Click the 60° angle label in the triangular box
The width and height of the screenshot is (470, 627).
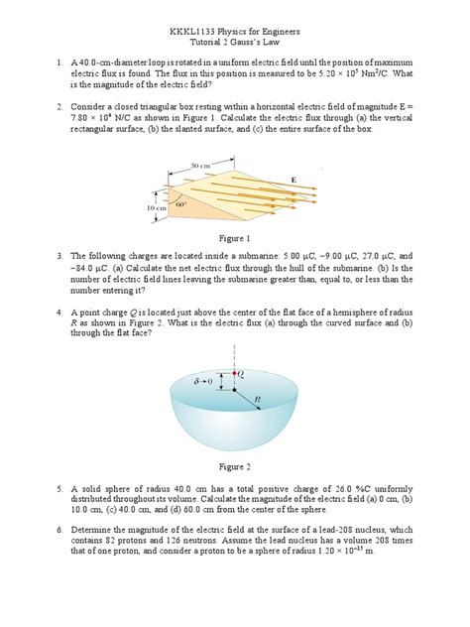pos(180,204)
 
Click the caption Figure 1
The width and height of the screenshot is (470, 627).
pos(234,239)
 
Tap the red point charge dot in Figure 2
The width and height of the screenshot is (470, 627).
pos(234,372)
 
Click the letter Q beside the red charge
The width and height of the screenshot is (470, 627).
pos(243,373)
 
